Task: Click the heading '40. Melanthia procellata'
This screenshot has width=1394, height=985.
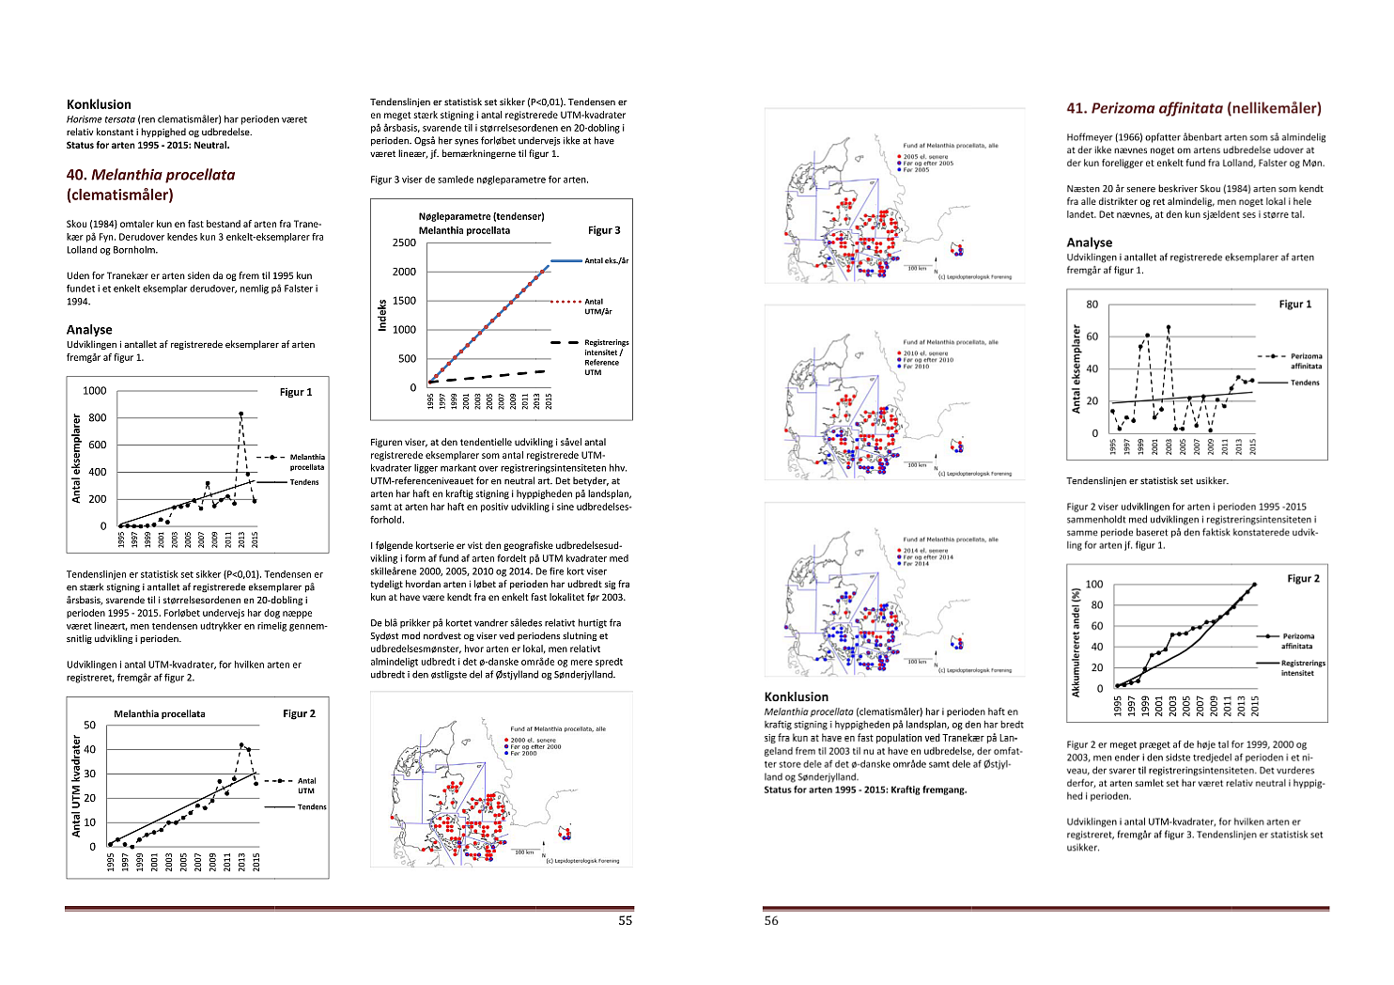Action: coord(150,175)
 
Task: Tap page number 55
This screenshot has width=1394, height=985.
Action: coord(625,921)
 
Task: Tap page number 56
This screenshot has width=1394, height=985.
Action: coord(771,921)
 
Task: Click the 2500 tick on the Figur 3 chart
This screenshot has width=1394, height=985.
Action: coord(404,242)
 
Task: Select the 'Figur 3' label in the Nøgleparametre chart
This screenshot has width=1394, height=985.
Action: coord(604,230)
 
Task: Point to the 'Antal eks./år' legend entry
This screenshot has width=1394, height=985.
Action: coord(606,260)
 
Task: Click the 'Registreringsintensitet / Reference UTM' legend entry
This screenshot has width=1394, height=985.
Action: coord(606,357)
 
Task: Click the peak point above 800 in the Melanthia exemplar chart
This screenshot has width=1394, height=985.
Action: coord(240,414)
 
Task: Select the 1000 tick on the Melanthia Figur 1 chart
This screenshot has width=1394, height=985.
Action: coord(95,391)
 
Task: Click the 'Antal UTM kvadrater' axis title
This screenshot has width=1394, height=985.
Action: coord(76,786)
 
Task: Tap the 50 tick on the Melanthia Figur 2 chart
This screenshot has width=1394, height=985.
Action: coord(89,726)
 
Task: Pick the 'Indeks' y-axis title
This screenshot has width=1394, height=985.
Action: coord(382,315)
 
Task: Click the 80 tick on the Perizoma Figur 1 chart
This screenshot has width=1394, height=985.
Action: coord(1092,305)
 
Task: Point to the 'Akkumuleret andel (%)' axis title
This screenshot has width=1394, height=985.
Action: coord(1076,643)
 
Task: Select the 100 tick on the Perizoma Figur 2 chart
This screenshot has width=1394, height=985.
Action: coord(1094,585)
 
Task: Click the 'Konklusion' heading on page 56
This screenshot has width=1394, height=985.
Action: coord(797,697)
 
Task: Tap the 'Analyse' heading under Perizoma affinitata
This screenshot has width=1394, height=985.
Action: coord(1089,242)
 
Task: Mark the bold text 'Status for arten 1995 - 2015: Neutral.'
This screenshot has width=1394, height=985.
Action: coord(147,146)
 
